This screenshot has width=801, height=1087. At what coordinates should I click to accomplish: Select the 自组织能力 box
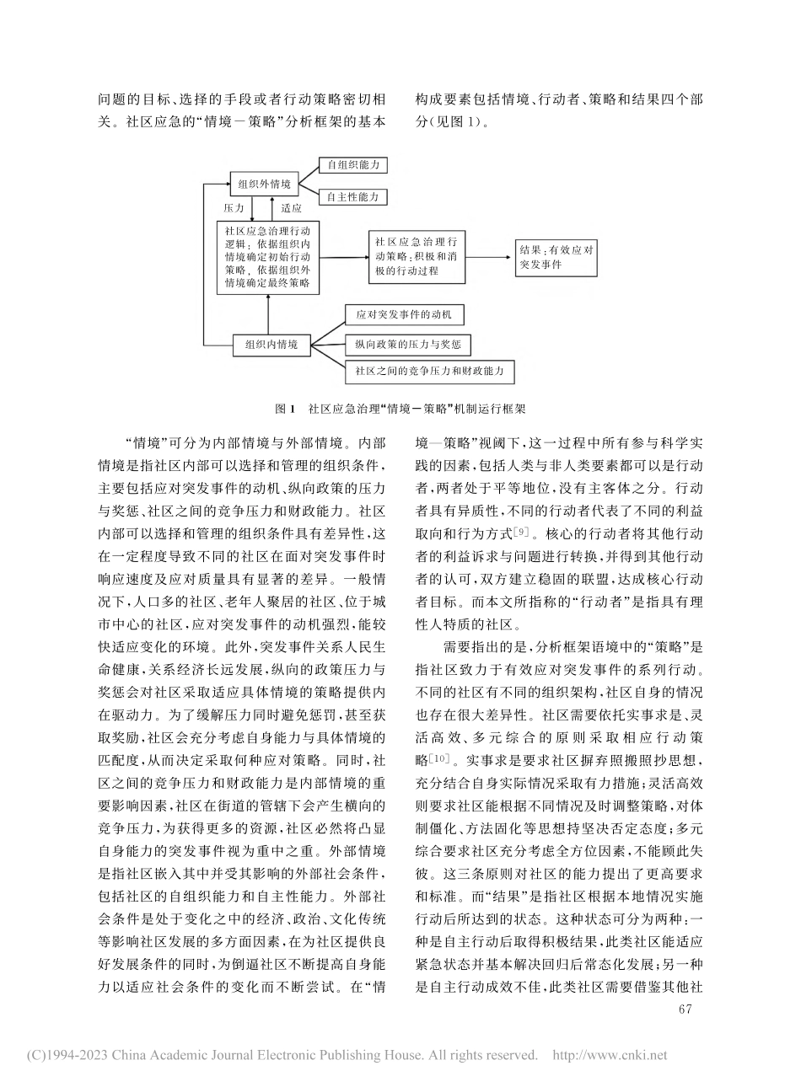(352, 166)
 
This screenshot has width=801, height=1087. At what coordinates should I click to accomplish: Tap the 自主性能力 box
(352, 197)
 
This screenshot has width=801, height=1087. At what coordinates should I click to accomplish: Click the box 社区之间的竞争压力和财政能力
(429, 371)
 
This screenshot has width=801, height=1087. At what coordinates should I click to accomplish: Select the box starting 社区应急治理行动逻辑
(267, 257)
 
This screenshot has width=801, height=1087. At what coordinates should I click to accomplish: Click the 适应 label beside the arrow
(291, 206)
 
